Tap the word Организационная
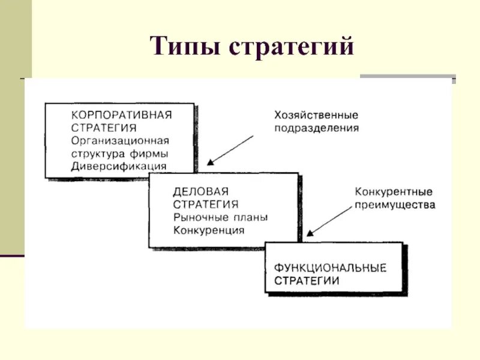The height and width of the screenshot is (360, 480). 120,140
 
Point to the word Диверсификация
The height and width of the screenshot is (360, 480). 119,166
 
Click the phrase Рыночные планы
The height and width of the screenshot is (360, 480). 220,218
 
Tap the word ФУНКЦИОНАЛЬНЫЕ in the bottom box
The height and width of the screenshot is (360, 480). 330,267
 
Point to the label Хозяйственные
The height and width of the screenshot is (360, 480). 316,115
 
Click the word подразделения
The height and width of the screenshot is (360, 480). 317,128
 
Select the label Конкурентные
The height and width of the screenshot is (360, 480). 394,192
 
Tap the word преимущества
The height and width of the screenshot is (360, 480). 395,205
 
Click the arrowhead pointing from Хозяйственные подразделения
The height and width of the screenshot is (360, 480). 211,162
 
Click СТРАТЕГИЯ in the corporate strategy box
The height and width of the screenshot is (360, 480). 103,128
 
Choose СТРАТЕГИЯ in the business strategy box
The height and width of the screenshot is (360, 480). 205,205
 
